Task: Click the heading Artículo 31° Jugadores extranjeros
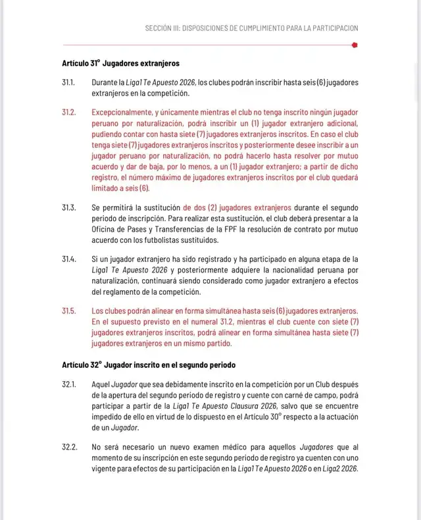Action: click(117, 64)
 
